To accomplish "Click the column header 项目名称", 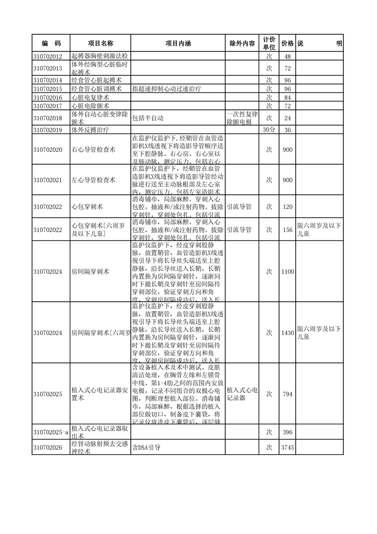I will pyautogui.click(x=100, y=43).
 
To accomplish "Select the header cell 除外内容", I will pyautogui.click(x=242, y=43).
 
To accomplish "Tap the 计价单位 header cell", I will pyautogui.click(x=269, y=43).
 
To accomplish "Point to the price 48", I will pyautogui.click(x=287, y=57).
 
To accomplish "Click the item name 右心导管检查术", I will pyautogui.click(x=93, y=150).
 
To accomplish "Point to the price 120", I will pyautogui.click(x=287, y=207).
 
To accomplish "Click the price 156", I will pyautogui.click(x=287, y=230).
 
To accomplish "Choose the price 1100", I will pyautogui.click(x=287, y=272).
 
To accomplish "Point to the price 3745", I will pyautogui.click(x=287, y=447).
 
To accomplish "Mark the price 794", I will pyautogui.click(x=287, y=394).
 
